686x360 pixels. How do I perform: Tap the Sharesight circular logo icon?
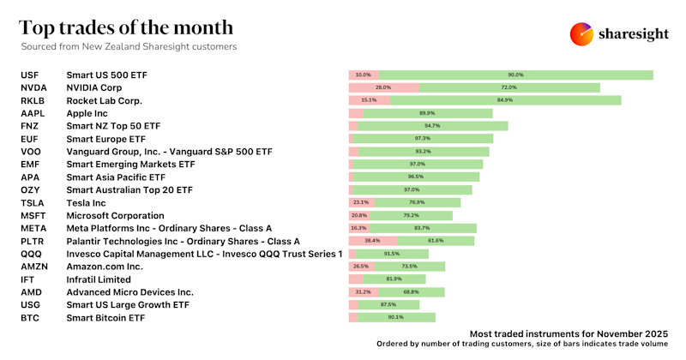point(582,33)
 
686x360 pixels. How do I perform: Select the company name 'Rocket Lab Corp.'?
point(104,100)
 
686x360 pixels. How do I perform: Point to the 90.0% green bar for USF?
point(515,75)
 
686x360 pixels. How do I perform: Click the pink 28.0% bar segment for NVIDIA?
point(384,87)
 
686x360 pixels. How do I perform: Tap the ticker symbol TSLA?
point(32,202)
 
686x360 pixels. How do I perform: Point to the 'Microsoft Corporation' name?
point(115,215)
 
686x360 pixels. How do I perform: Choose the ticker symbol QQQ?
point(31,254)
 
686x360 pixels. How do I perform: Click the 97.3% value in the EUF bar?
point(422,138)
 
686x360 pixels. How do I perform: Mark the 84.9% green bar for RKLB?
point(505,100)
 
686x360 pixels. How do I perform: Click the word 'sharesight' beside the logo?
point(634,34)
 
